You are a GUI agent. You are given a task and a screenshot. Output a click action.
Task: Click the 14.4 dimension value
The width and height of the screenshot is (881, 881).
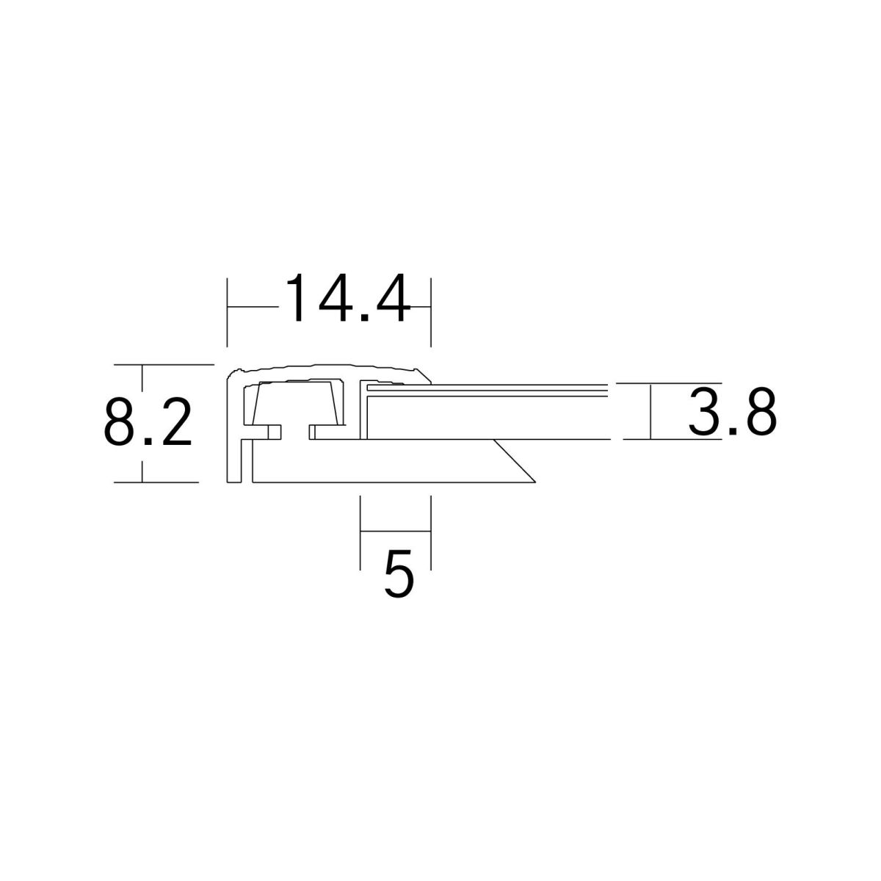(347, 298)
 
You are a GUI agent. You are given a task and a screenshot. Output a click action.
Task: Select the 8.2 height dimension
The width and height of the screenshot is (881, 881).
(148, 421)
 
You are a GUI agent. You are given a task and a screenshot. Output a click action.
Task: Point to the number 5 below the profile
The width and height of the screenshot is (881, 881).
(399, 573)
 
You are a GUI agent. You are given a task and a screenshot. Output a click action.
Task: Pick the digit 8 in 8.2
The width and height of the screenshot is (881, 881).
(119, 421)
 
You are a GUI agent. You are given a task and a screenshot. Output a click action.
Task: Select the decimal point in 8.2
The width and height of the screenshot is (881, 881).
(148, 441)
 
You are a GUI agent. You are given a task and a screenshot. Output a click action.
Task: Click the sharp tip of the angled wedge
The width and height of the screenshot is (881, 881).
(535, 482)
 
